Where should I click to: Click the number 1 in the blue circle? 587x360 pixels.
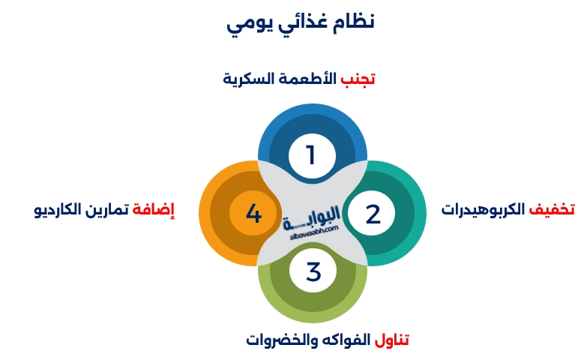pos(311,155)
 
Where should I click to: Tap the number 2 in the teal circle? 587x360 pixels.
pos(373,214)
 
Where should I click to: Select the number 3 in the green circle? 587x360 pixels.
pos(313,271)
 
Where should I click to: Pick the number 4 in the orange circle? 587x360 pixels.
pos(253,214)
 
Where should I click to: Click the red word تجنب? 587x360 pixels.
pos(358,79)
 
